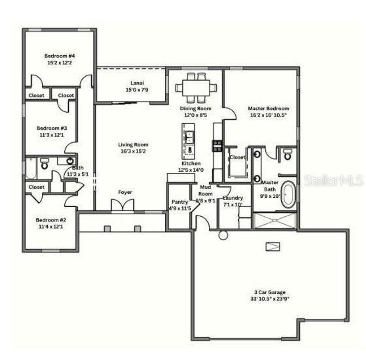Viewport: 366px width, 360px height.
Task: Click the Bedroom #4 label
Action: click(x=59, y=56)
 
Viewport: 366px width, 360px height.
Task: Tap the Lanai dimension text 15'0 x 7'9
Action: click(x=137, y=90)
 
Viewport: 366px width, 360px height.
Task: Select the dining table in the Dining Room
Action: click(x=196, y=87)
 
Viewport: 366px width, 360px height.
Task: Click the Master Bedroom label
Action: click(x=268, y=109)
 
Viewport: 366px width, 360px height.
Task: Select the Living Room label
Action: click(x=133, y=145)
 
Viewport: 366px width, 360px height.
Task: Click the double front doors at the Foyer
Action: click(x=123, y=205)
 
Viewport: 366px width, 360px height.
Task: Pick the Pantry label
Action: click(x=180, y=202)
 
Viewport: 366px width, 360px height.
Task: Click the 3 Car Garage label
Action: click(x=270, y=292)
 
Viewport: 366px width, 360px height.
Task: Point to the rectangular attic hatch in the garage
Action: click(x=273, y=246)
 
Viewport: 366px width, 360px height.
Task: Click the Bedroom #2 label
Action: click(x=51, y=220)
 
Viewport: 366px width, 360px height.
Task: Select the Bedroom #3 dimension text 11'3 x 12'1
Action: click(x=51, y=135)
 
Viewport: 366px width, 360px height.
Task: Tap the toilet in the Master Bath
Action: click(x=287, y=155)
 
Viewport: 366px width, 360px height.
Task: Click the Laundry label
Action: click(x=233, y=198)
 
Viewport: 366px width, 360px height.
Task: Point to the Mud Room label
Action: click(x=205, y=190)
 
